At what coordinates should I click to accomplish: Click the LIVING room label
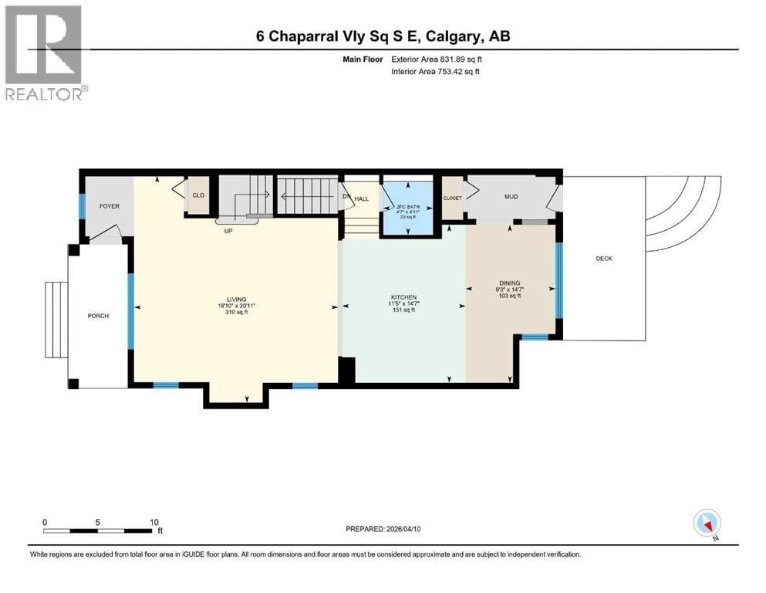(x=235, y=299)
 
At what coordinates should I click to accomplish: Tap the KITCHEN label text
(x=403, y=297)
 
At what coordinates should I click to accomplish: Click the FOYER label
(x=109, y=206)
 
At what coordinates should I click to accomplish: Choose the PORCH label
(x=98, y=316)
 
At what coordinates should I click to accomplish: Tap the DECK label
(x=604, y=259)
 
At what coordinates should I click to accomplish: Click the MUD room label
(x=511, y=197)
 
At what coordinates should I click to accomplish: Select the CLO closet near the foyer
(x=198, y=195)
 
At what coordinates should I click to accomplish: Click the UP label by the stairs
(x=228, y=230)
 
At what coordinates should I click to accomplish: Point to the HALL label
(x=362, y=199)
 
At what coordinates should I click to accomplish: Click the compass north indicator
(x=707, y=524)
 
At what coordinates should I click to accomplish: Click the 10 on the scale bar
(x=154, y=522)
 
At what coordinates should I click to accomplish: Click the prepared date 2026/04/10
(x=408, y=529)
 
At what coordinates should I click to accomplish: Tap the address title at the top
(x=383, y=36)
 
